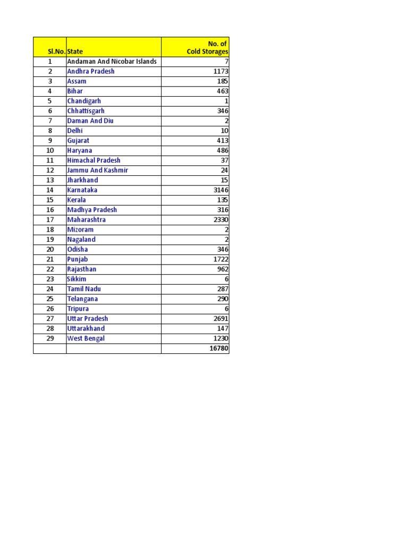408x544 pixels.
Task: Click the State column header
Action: coord(75,52)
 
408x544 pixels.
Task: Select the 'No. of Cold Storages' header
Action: coord(207,47)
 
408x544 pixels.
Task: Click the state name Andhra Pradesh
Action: coord(90,71)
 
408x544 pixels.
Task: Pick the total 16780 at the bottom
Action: coord(219,348)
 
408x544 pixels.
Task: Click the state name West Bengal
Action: coord(86,338)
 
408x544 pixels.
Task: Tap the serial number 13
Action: coord(50,180)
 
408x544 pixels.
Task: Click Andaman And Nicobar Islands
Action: coord(112,62)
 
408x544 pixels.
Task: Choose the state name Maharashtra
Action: coord(86,220)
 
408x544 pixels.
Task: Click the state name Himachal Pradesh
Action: coord(93,160)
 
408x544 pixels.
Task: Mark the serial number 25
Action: coord(50,299)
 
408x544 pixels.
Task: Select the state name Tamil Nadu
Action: coord(83,289)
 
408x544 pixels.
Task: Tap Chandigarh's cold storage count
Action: coord(226,101)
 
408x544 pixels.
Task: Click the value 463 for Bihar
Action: coord(222,91)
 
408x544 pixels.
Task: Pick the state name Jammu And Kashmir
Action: coord(97,171)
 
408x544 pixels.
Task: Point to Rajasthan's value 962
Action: coord(222,269)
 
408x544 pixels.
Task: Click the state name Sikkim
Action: coord(76,279)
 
